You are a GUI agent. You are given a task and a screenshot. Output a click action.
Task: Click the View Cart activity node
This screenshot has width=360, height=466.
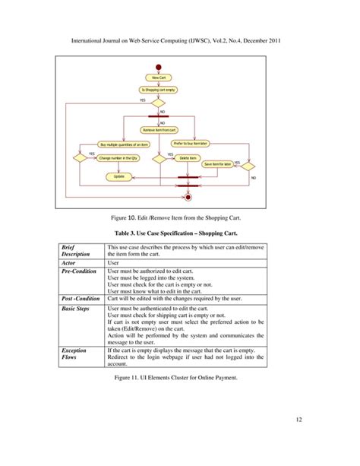point(159,78)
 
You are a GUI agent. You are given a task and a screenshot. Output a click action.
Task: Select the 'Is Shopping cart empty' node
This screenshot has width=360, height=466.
point(159,90)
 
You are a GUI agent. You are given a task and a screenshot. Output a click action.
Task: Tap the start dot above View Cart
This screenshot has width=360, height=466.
point(159,68)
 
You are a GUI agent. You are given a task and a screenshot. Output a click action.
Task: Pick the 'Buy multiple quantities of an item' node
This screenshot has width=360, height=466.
point(125,144)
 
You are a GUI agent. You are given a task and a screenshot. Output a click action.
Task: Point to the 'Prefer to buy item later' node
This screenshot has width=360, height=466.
point(191,143)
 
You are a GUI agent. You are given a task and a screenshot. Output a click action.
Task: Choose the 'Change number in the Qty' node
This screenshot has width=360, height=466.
point(119,157)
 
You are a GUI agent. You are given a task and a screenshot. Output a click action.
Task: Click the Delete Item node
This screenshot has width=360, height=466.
point(189,157)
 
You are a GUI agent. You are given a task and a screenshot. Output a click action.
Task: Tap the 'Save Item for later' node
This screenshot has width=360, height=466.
point(218,163)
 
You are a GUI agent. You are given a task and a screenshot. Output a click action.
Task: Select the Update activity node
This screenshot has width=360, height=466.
point(119,176)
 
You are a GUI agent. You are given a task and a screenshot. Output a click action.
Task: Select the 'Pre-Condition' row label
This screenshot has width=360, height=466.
point(80,271)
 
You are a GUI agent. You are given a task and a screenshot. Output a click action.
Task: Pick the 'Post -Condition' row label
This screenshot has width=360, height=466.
point(82,299)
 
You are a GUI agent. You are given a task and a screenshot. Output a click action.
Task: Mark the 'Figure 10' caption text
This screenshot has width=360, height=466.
point(179,217)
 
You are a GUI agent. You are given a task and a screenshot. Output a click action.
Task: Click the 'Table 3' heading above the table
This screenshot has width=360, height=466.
point(179,233)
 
